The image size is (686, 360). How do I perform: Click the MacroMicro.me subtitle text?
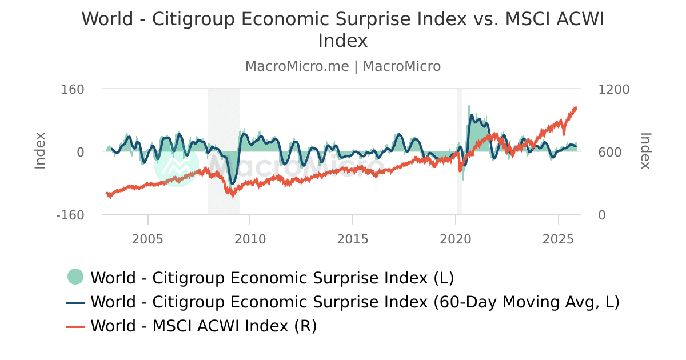[x=296, y=66]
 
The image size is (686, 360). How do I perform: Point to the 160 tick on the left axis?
[x=73, y=90]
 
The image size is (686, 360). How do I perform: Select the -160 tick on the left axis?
[x=70, y=215]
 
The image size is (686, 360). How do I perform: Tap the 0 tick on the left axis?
[x=80, y=153]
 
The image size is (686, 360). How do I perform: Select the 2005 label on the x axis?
[x=147, y=239]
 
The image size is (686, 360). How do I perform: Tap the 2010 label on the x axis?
[x=250, y=239]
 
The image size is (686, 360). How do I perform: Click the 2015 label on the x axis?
[x=353, y=239]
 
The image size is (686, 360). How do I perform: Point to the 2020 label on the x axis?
[x=455, y=239]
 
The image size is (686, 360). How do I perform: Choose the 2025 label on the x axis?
[x=558, y=239]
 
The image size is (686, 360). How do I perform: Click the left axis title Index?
[x=40, y=151]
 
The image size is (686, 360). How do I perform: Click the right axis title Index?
[x=645, y=151]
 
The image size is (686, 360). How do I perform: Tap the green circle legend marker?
[x=75, y=277]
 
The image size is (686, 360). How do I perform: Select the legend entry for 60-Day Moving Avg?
[x=354, y=302]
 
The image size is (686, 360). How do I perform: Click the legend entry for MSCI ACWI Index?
[x=203, y=326]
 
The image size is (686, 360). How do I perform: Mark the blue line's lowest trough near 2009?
[x=232, y=183]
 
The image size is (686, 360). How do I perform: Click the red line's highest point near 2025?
[x=575, y=107]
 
